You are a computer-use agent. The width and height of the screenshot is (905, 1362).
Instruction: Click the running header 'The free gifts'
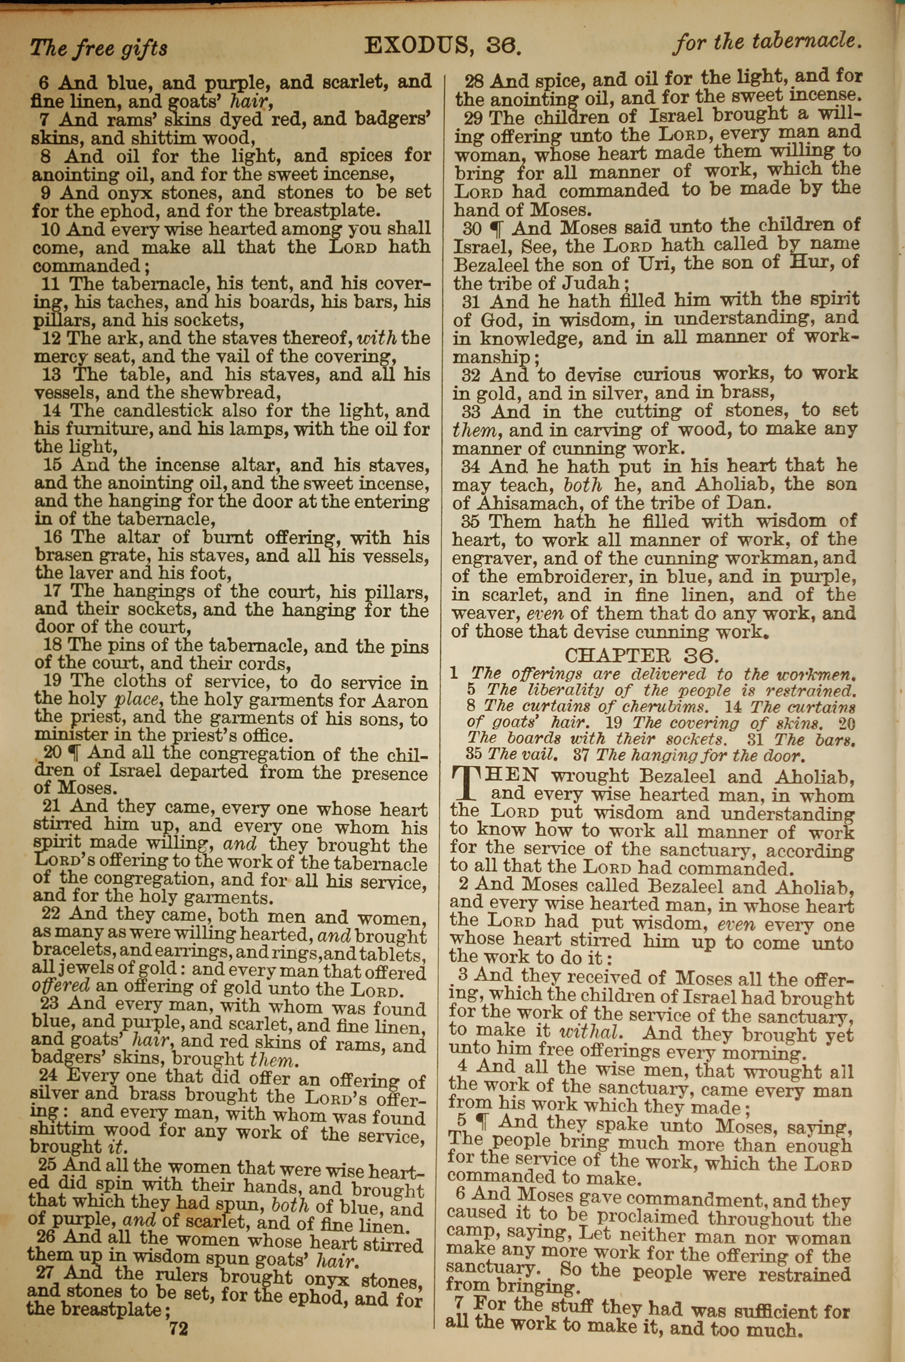(x=99, y=48)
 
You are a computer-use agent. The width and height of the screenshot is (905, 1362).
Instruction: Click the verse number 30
(x=472, y=229)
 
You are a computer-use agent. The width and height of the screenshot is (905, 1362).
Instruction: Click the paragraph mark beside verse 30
(x=497, y=229)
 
